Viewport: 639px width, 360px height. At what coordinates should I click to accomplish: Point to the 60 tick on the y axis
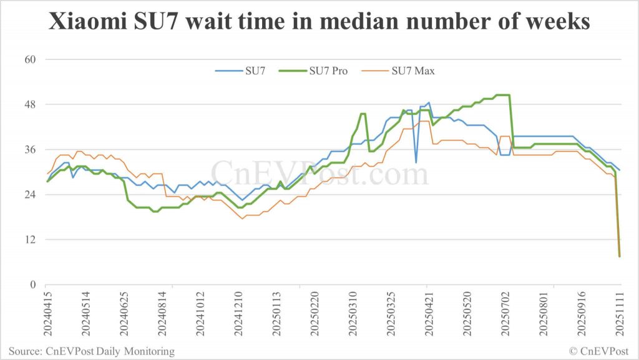tap(31, 60)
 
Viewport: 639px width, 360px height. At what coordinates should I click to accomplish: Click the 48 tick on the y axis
tap(31, 105)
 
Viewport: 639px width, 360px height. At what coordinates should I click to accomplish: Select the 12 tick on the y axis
tap(31, 240)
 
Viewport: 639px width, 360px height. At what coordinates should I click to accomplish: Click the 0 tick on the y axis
tap(34, 285)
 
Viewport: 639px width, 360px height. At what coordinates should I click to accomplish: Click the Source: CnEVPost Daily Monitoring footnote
tap(92, 351)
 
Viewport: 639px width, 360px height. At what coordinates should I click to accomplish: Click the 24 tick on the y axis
tap(31, 195)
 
